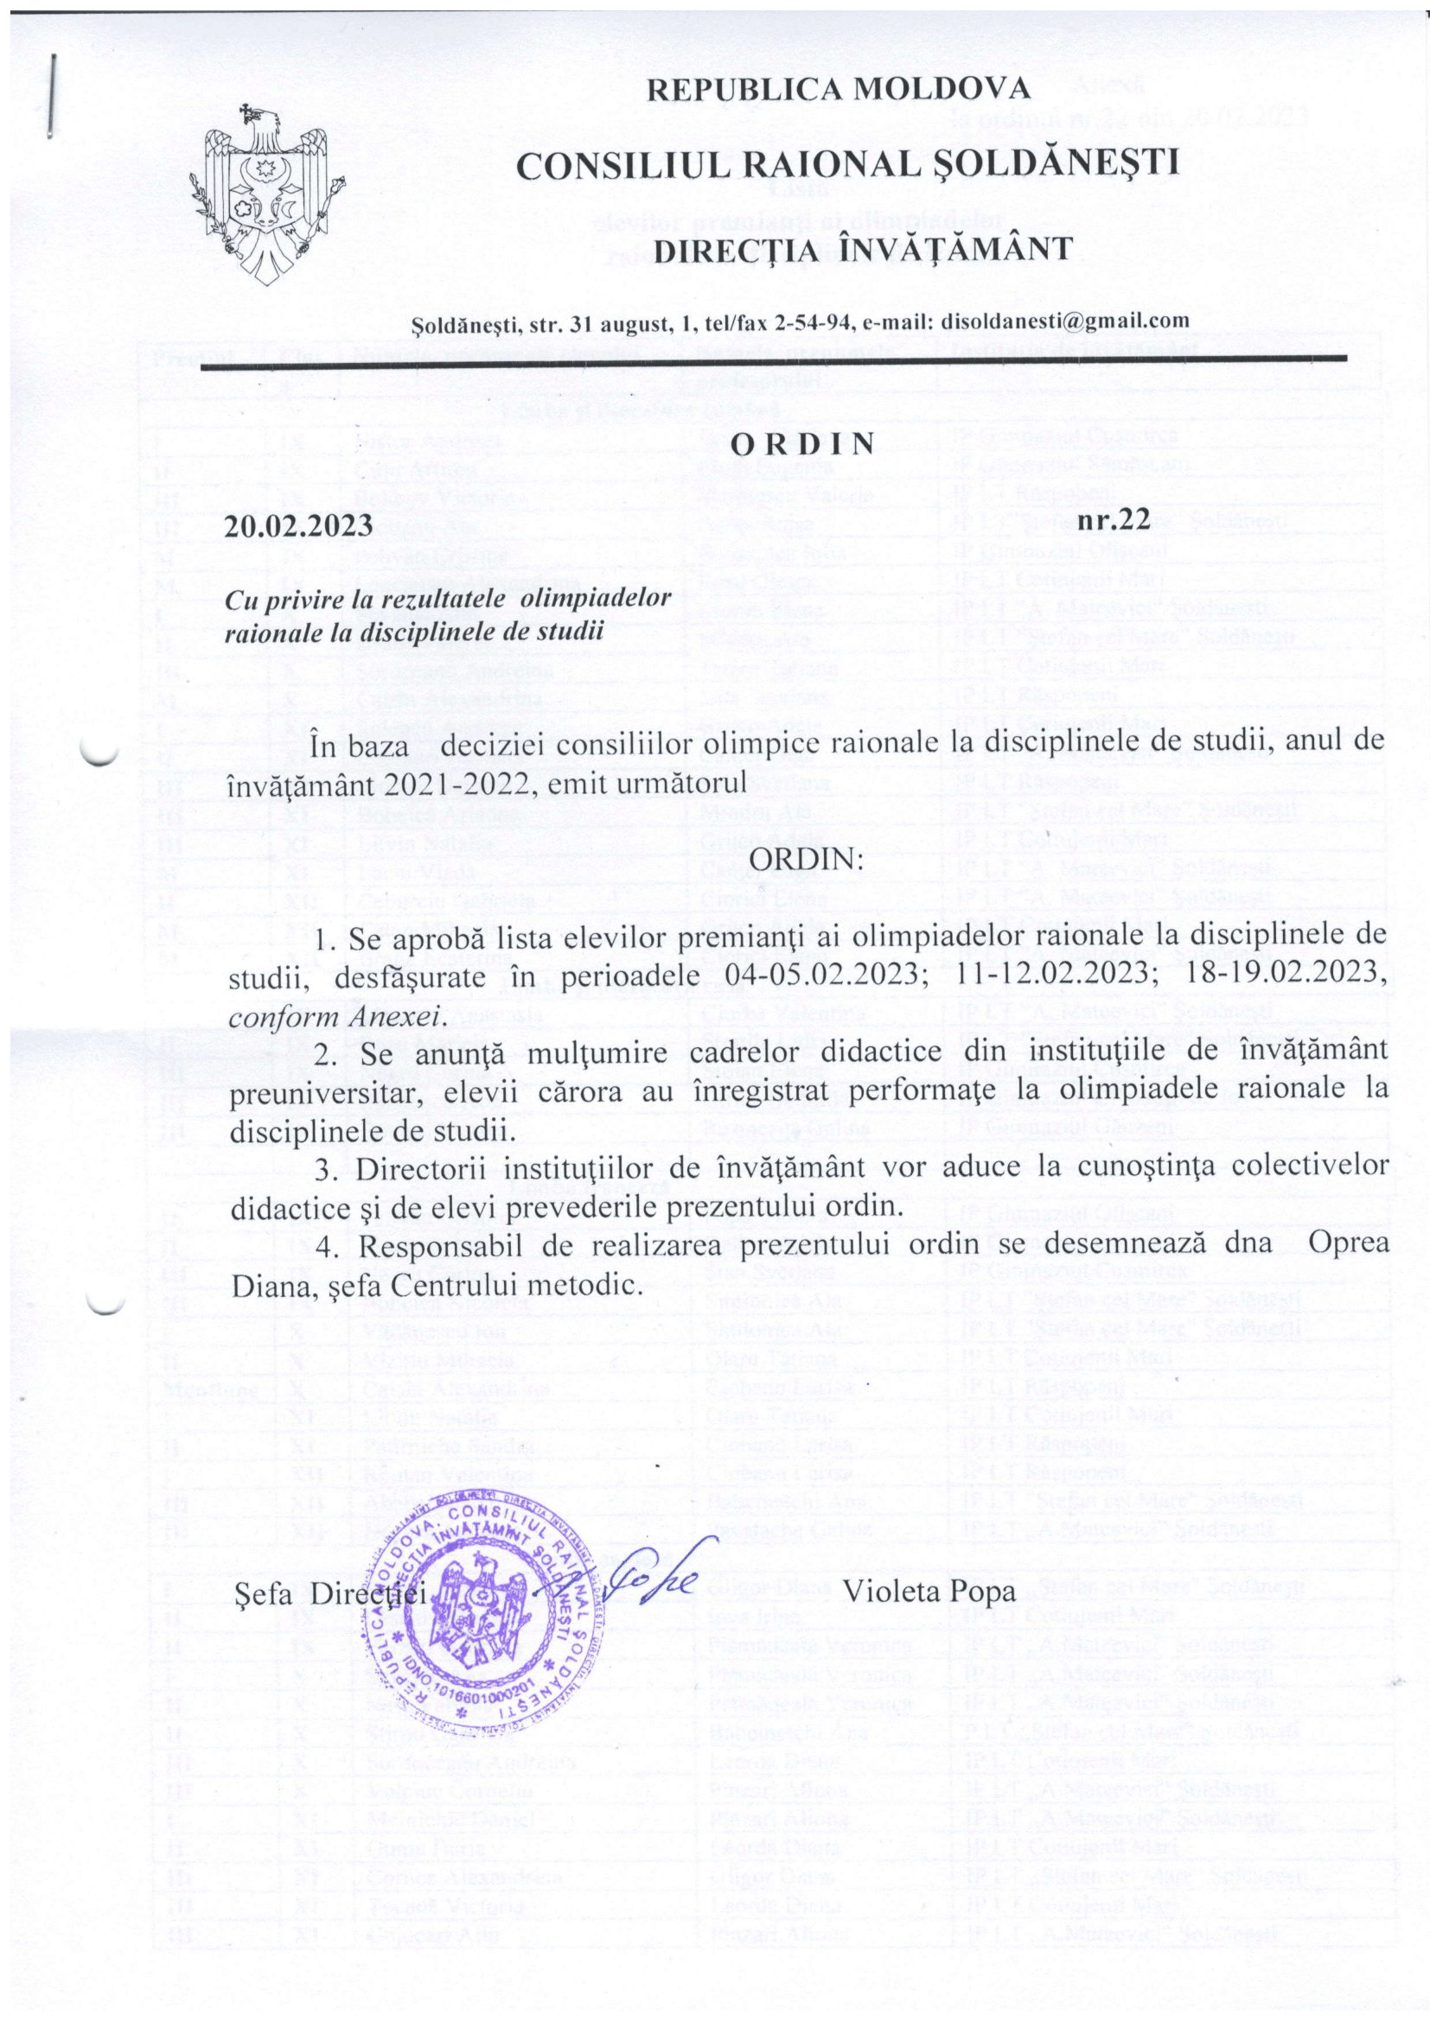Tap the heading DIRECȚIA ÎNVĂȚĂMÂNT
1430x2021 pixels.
[x=867, y=249]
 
